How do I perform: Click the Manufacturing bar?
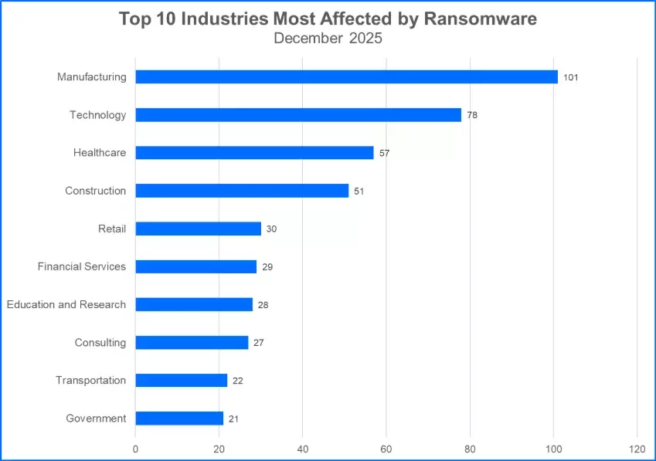pyautogui.click(x=346, y=77)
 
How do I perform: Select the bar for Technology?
pyautogui.click(x=298, y=115)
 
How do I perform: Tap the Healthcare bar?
pyautogui.click(x=254, y=153)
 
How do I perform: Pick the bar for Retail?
pyautogui.click(x=198, y=229)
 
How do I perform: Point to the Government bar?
pyautogui.click(x=179, y=419)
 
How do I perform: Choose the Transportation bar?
pyautogui.click(x=182, y=381)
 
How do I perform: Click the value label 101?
pyautogui.click(x=571, y=77)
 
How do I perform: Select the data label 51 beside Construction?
pyautogui.click(x=359, y=191)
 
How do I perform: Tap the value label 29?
pyautogui.click(x=267, y=267)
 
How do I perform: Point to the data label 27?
pyautogui.click(x=259, y=343)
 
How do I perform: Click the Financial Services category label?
pyautogui.click(x=81, y=266)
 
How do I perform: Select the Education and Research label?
pyautogui.click(x=66, y=304)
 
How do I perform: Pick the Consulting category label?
pyautogui.click(x=100, y=342)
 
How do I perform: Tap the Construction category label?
pyautogui.click(x=95, y=191)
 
